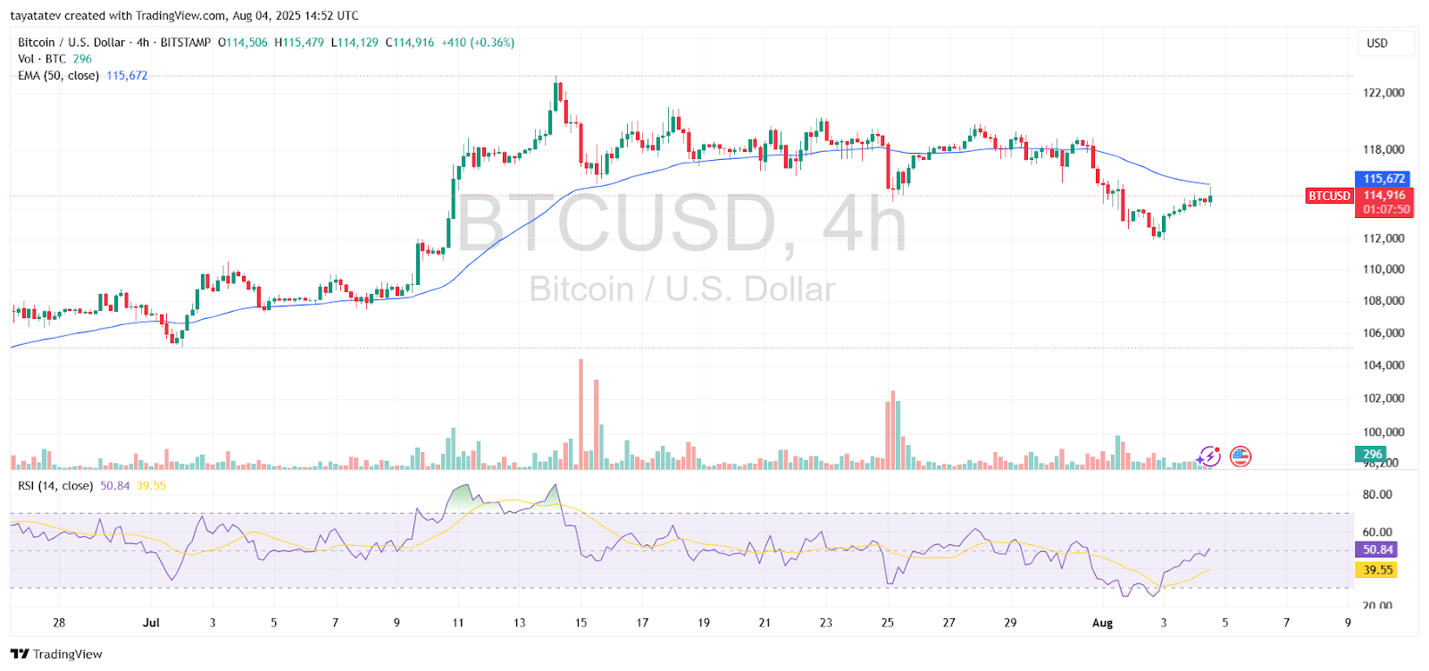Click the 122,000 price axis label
(1383, 93)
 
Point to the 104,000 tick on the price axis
(1383, 365)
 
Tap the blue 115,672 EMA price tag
(1383, 179)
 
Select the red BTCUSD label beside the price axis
(1329, 196)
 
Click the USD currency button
(1377, 43)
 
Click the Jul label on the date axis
(151, 623)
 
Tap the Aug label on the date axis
(1103, 623)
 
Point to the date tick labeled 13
(520, 623)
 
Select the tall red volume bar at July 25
(892, 429)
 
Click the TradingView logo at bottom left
(57, 654)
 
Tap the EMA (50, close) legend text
(58, 76)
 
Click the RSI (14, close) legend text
(55, 486)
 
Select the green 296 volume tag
(1372, 454)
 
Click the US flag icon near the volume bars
(1241, 457)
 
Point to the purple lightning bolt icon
(1209, 457)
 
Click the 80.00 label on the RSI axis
(1377, 494)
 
